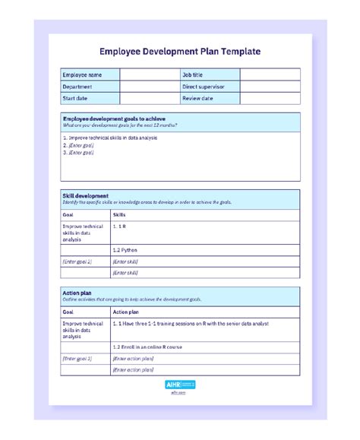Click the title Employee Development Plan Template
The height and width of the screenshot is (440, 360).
coord(180,52)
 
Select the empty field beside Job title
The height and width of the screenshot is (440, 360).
coord(270,74)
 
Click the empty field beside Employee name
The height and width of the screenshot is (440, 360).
coord(149,74)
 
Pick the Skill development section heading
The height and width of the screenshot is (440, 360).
coord(85,195)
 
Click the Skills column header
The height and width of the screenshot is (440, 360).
coord(119,215)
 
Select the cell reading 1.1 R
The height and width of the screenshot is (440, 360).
coord(119,226)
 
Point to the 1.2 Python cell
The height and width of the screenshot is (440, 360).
coord(125,249)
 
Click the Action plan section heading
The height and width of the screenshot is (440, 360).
coord(77,293)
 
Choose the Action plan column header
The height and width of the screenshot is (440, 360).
coord(125,312)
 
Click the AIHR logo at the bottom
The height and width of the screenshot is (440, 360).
coord(180,385)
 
